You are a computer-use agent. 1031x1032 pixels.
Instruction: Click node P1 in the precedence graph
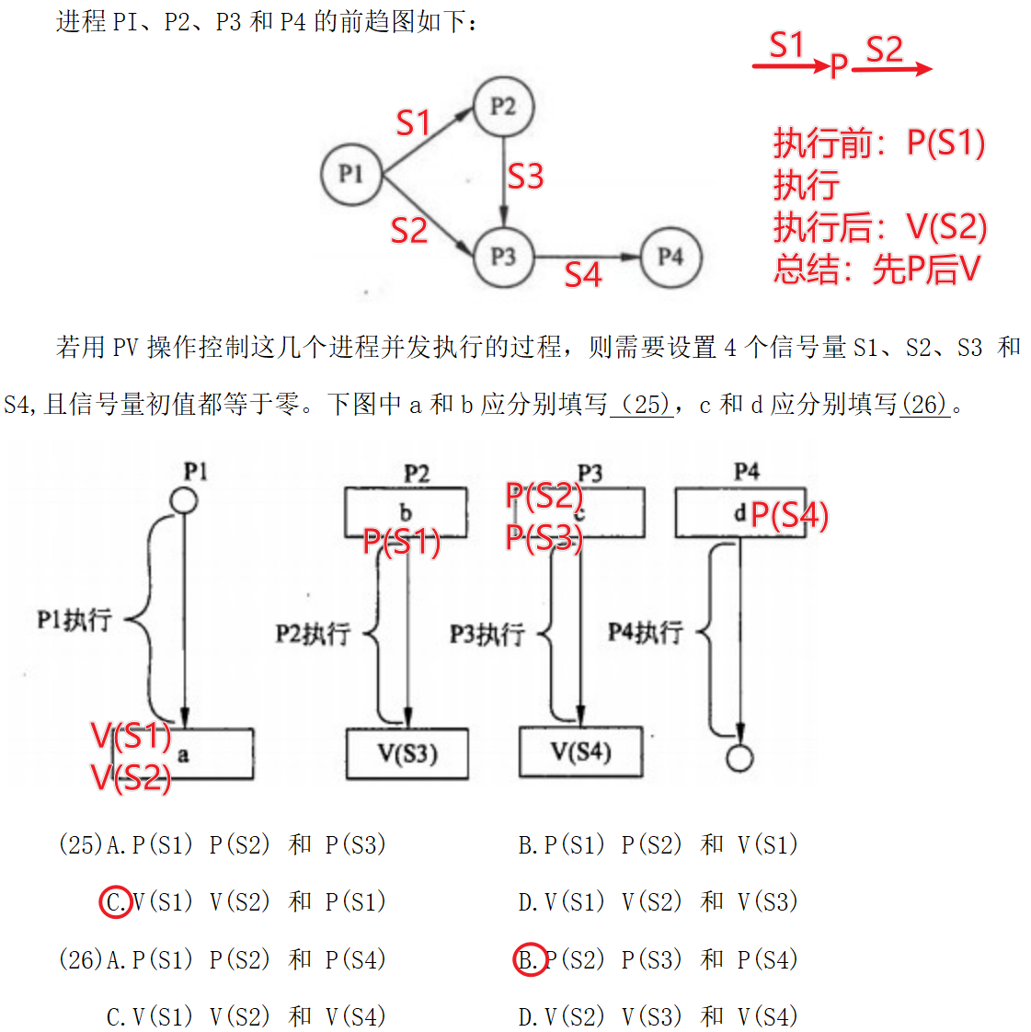[x=350, y=174]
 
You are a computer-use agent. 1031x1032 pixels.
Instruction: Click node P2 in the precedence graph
[x=502, y=107]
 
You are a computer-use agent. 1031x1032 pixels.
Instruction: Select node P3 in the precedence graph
[x=502, y=257]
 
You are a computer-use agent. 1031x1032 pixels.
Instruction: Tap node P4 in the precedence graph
[x=670, y=257]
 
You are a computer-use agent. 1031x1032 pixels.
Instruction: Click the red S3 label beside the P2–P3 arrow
[x=525, y=176]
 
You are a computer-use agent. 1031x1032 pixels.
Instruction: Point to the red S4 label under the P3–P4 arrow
[x=582, y=274]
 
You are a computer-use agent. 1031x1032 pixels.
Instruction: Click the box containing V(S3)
[x=407, y=754]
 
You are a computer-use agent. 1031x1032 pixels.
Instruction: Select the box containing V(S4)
[x=581, y=752]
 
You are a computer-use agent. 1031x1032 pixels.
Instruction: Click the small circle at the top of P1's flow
[x=184, y=501]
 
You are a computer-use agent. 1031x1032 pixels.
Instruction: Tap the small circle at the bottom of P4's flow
[x=739, y=759]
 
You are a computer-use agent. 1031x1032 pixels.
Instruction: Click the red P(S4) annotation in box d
[x=789, y=516]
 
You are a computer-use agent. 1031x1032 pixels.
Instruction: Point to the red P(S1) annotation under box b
[x=402, y=543]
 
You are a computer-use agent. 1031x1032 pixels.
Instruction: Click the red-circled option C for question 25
[x=116, y=902]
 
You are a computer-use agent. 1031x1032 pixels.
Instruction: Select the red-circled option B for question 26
[x=529, y=960]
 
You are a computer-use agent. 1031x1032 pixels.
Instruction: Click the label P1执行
[x=74, y=620]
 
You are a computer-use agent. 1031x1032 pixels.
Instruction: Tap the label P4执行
[x=646, y=632]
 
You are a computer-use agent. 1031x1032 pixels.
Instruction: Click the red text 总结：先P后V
[x=876, y=269]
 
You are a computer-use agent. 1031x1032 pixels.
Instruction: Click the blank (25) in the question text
[x=641, y=404]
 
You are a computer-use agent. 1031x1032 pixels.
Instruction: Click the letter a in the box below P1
[x=183, y=755]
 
